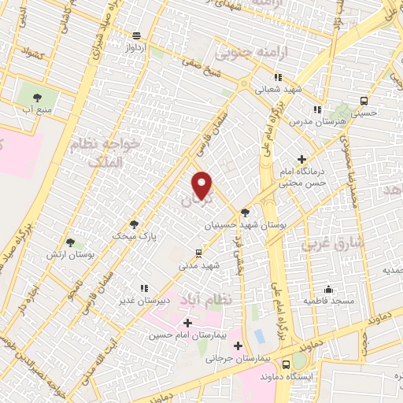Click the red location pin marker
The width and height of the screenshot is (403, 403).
pos(203,185)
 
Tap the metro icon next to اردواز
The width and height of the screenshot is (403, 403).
pos(138,35)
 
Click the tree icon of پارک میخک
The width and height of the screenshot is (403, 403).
pos(133,224)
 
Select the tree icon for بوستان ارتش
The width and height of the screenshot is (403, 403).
pos(71,242)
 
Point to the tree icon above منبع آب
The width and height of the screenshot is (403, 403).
pos(38,98)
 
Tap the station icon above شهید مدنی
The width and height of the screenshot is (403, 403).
pos(198,253)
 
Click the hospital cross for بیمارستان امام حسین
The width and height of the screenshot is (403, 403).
pos(187,323)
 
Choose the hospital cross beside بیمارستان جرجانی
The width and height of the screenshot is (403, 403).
pos(238,345)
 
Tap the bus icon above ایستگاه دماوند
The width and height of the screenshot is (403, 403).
pos(287,364)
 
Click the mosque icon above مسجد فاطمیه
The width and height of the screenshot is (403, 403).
pos(328,289)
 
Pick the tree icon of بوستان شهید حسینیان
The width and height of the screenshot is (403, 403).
pos(245,213)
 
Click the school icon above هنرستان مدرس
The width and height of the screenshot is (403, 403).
pos(317,109)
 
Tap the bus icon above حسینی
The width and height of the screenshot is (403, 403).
pos(363,101)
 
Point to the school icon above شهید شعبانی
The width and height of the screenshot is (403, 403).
pos(277,77)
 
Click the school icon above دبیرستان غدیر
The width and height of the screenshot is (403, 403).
pos(143,288)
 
